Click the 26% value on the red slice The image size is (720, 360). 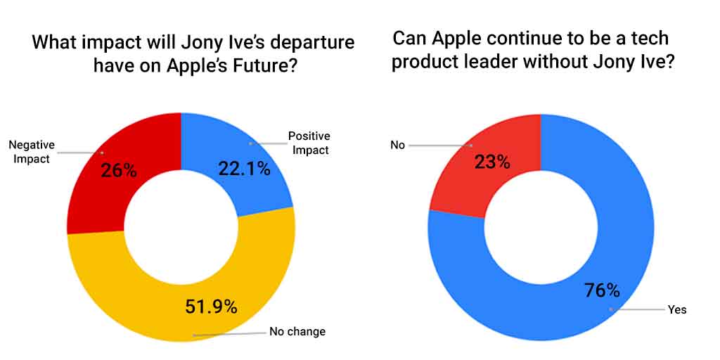(x=119, y=170)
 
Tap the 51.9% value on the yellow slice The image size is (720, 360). (x=211, y=307)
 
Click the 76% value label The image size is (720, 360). (x=602, y=290)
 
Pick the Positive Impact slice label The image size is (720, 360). (x=309, y=143)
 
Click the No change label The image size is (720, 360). (x=297, y=332)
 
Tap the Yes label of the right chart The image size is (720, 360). (x=677, y=309)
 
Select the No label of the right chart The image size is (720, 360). (x=397, y=146)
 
